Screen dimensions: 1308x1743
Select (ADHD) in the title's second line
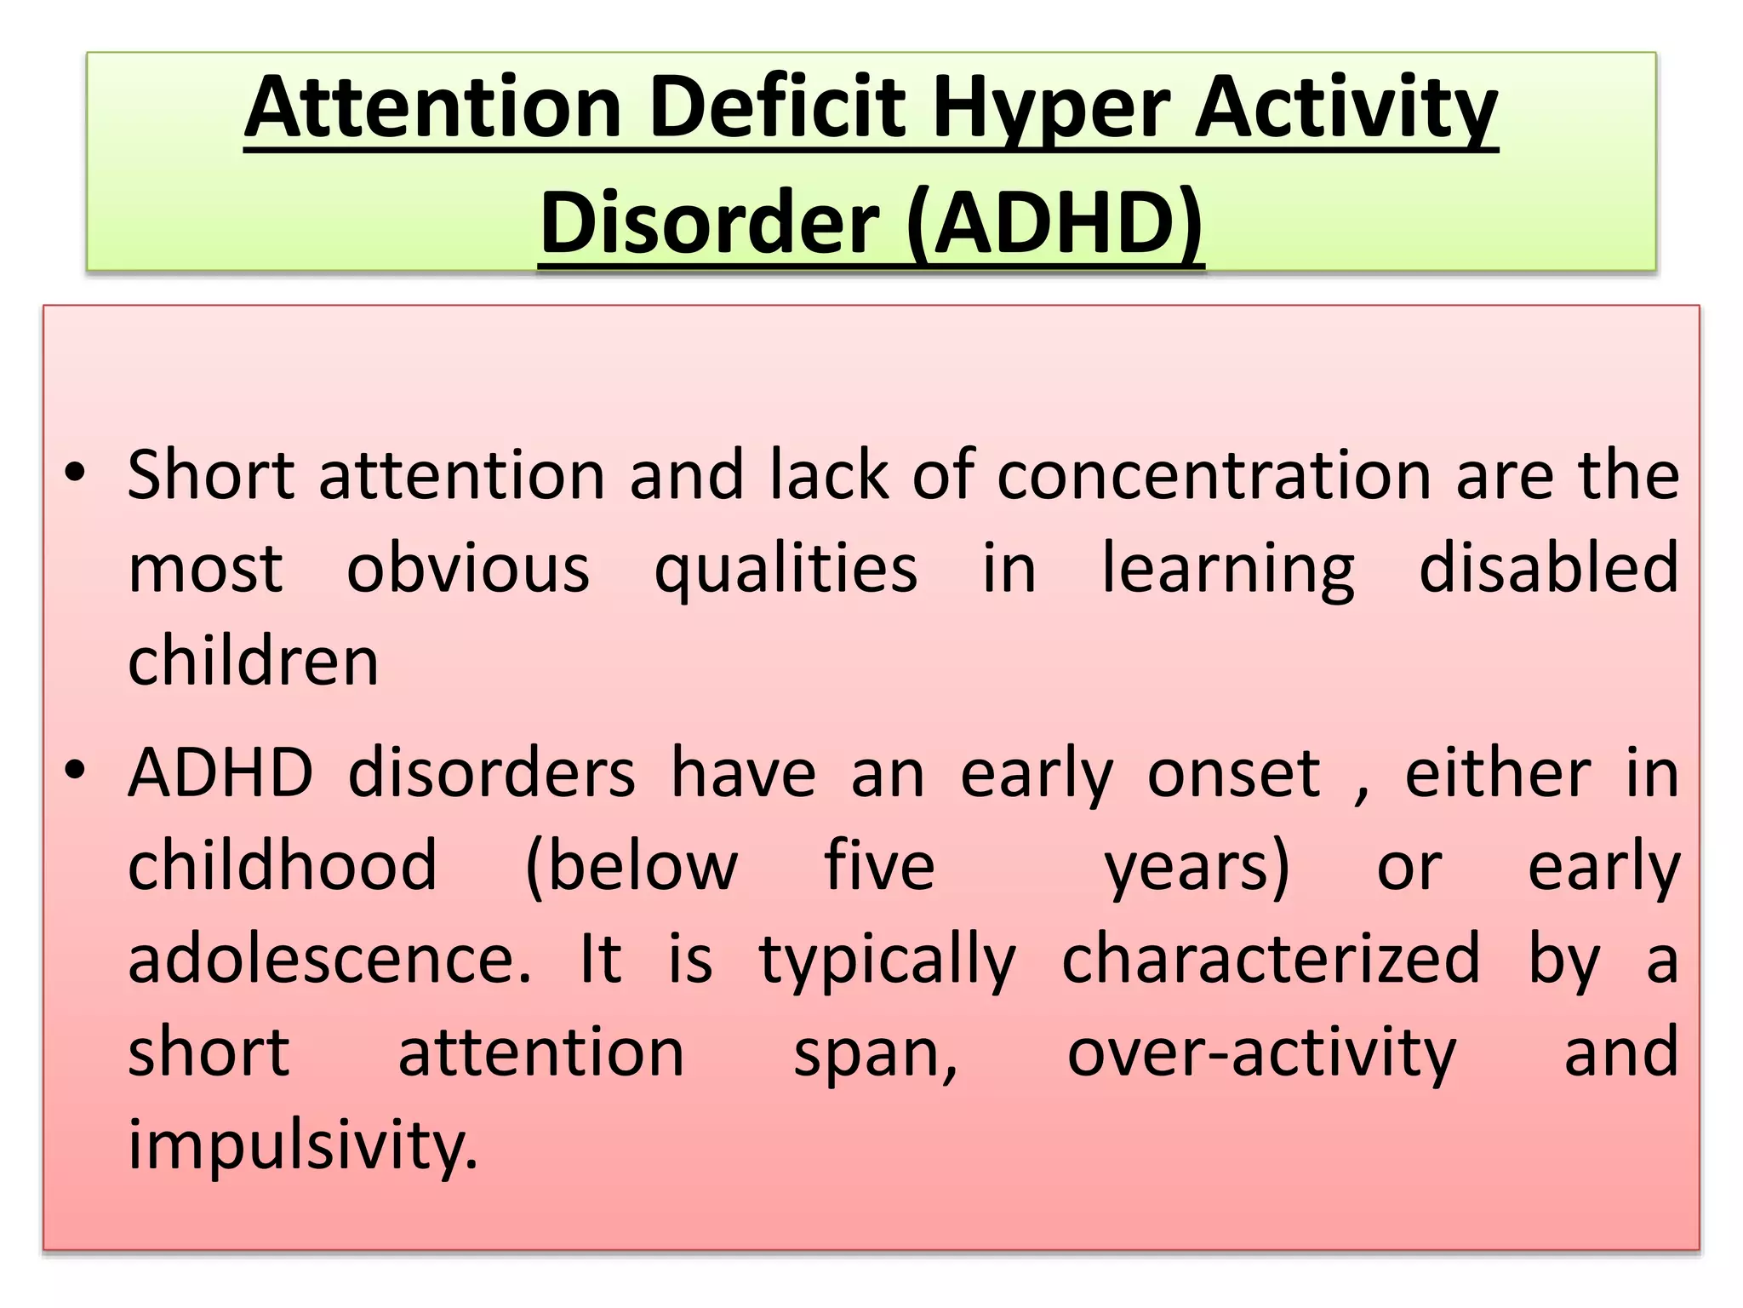[x=1054, y=223]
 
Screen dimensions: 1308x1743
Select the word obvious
[x=467, y=569]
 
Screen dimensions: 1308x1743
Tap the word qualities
[x=785, y=569]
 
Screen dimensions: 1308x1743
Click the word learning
[x=1228, y=569]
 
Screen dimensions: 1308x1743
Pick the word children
[x=253, y=662]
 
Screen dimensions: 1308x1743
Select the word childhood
[x=283, y=866]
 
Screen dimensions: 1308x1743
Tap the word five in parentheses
[x=879, y=866]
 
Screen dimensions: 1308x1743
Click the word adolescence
[x=329, y=959]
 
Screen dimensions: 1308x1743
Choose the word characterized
[x=1271, y=959]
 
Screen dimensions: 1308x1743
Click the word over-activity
[x=1261, y=1053]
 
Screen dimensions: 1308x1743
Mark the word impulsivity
[x=303, y=1145]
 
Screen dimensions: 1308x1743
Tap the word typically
[x=887, y=961]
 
